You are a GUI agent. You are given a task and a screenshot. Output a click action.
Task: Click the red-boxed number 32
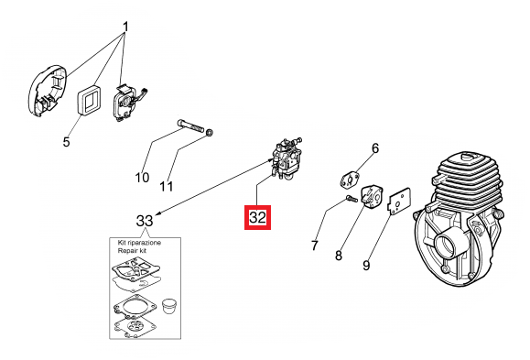point(257,217)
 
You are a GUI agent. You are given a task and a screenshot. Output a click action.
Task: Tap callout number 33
point(145,221)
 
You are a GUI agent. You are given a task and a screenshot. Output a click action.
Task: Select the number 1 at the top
point(125,27)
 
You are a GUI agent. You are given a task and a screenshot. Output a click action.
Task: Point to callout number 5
point(66,141)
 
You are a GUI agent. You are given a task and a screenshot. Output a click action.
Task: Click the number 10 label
point(142,178)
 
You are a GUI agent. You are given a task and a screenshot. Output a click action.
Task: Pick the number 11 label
point(167,186)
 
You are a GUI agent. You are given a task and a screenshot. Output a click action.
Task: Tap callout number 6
point(375,148)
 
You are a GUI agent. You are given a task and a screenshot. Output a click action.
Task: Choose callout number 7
point(315,245)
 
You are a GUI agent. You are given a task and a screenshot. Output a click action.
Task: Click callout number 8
point(339,255)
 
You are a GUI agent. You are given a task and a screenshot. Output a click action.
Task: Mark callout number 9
point(366,265)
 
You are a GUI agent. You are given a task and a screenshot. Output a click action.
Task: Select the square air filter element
point(89,100)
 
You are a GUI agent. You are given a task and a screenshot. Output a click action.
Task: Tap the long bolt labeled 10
point(190,125)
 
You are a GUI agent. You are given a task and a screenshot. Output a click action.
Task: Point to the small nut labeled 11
point(210,132)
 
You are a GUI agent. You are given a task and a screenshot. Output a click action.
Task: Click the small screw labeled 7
point(352,199)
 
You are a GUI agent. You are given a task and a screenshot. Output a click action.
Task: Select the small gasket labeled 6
point(350,179)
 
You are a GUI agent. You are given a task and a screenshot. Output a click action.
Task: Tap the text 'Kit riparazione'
point(139,243)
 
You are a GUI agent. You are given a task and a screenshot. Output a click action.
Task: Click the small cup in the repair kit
point(168,307)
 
